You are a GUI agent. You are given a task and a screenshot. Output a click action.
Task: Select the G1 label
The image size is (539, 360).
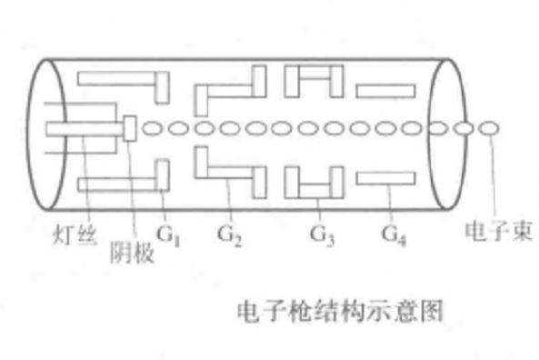tap(168, 235)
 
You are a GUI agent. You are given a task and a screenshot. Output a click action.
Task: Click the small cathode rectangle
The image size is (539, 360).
tap(129, 126)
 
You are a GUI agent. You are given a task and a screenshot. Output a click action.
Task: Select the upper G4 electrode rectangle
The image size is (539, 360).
tap(385, 90)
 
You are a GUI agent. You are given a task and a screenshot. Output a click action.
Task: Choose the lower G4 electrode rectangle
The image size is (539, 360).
tap(385, 181)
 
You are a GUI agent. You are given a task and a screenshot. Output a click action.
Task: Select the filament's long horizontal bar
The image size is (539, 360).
tap(83, 128)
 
